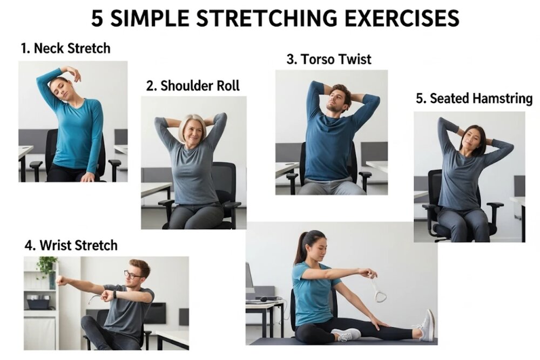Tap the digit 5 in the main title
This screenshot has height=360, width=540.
coord(97,18)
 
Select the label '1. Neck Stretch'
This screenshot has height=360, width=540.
coord(65,48)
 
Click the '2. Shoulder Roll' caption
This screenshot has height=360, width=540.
coord(193,85)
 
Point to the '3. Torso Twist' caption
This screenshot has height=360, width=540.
coord(329,59)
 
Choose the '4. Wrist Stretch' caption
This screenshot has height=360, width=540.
coord(71,246)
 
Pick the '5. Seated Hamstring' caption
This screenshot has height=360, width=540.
coord(474,98)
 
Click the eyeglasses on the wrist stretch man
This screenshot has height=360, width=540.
coord(133,275)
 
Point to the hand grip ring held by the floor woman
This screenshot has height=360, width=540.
coord(378,290)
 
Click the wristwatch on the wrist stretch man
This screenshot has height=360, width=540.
coord(114,295)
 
